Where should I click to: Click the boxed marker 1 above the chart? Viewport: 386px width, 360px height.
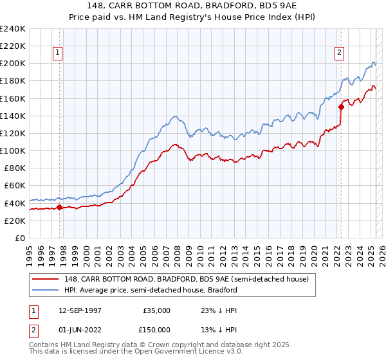(58, 53)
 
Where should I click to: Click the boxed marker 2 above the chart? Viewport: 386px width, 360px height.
(339, 53)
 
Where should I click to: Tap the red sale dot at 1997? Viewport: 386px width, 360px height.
(60, 207)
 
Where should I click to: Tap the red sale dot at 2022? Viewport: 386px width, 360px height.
(340, 107)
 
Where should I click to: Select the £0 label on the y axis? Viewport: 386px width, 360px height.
(20, 238)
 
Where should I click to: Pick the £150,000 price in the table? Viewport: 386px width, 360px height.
(158, 330)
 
